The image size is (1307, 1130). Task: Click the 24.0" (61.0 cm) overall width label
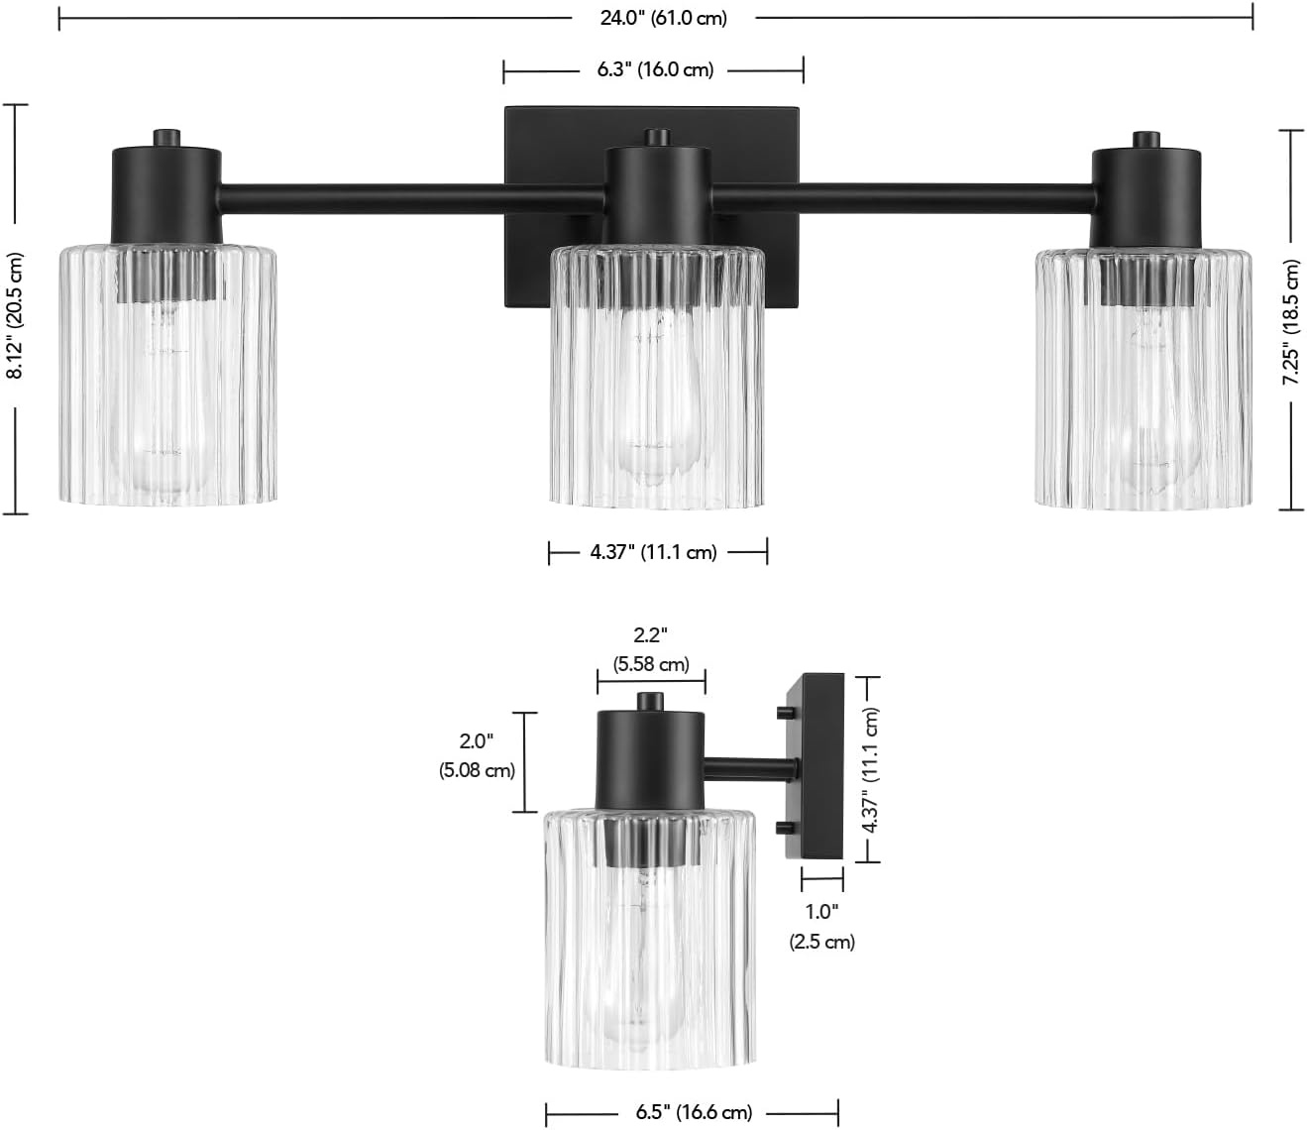point(663,18)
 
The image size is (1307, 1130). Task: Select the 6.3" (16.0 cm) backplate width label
point(655,69)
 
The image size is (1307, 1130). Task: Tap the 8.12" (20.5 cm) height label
point(15,315)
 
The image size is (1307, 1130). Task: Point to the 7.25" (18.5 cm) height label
point(1292,321)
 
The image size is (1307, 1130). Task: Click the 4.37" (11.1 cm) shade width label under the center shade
point(653,552)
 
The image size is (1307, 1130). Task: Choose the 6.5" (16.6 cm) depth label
point(694,1111)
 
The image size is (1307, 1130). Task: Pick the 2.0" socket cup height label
point(477,739)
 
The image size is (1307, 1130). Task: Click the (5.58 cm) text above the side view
point(651,664)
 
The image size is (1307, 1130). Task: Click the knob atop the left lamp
point(166,139)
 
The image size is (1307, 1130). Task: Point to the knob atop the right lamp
point(1145,140)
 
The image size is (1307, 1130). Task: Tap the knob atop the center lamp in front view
point(657,138)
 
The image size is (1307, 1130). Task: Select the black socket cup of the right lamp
point(1145,198)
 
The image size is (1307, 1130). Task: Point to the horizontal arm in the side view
point(750,769)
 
